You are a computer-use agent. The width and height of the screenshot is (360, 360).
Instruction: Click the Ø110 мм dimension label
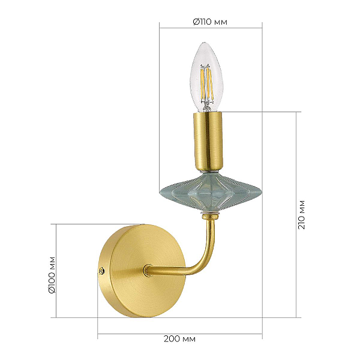point(210,22)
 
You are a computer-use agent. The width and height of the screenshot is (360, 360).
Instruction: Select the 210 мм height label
point(301,215)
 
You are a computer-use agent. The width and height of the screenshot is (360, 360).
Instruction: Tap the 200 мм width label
point(179,339)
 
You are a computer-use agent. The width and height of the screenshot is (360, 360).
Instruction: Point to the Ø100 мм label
point(52,275)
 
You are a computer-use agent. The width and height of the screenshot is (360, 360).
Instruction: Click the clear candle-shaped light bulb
point(205,77)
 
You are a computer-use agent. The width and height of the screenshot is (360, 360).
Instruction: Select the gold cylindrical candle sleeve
point(208,142)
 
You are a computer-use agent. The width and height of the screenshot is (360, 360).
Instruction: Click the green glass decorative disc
point(211,193)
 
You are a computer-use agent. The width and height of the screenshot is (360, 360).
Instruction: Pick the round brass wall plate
point(142,271)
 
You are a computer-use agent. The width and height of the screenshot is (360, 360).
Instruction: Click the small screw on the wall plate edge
point(101,271)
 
